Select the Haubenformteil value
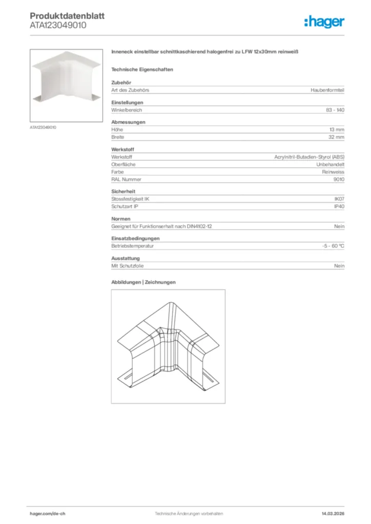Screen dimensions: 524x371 327,90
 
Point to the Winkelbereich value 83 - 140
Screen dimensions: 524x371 335,110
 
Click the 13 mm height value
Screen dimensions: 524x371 337,130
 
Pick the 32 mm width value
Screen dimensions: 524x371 336,137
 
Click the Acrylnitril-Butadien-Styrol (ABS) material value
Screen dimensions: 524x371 309,157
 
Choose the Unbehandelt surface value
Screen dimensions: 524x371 330,164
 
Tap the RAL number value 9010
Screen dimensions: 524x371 339,180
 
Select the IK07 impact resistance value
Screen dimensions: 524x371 339,199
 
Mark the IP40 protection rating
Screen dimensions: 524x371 339,207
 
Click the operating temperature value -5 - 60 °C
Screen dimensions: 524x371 329,246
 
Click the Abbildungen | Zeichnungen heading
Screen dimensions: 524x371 143,282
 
